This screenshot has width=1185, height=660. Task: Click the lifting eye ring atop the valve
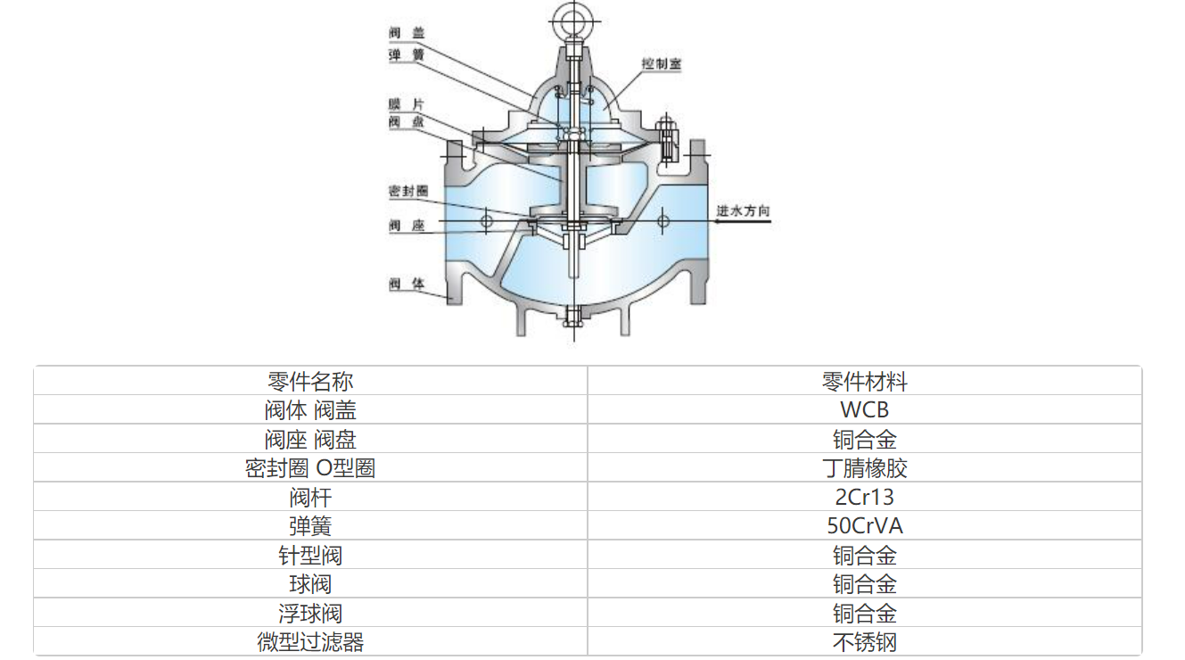568,17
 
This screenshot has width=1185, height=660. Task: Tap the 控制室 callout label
661,64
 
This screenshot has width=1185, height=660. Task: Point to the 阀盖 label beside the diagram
407,32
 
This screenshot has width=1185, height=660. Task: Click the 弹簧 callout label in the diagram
407,54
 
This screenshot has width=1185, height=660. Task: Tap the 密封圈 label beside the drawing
408,191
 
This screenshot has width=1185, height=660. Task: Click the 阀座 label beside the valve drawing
407,226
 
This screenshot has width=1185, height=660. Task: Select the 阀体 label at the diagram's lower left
407,284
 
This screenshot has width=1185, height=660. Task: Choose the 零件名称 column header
310,382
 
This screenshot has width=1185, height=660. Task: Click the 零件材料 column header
864,382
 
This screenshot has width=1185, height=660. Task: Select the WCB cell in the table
864,410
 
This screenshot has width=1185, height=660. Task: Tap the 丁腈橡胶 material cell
864,468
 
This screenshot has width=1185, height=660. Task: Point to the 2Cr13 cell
864,497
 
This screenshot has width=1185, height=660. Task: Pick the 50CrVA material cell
864,526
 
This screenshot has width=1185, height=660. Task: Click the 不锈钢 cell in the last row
864,642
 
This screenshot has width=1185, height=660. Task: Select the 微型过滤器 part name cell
310,642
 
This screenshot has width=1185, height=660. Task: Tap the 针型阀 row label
310,556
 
